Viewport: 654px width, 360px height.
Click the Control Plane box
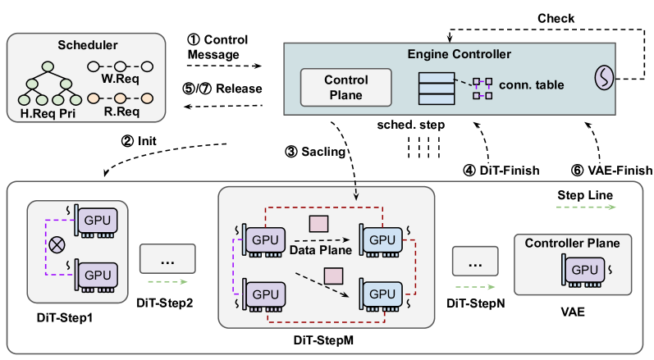[345, 88]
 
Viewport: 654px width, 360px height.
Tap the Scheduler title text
[88, 45]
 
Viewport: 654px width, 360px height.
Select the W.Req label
[120, 79]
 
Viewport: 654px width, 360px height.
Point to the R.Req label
[121, 112]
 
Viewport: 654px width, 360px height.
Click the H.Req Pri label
[48, 113]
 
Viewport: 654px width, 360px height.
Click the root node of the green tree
[48, 66]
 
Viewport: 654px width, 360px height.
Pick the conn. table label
[532, 84]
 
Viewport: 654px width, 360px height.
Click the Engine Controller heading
[460, 54]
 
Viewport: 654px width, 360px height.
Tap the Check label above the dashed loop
[556, 18]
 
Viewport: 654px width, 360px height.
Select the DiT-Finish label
[501, 171]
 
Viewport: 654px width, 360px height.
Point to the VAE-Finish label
[612, 171]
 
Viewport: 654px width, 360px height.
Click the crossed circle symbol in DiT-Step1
[57, 245]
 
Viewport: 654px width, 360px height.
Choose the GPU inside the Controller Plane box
[585, 271]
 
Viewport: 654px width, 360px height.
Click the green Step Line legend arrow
[586, 207]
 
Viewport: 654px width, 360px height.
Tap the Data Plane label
[321, 250]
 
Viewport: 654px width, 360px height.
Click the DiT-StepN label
[475, 303]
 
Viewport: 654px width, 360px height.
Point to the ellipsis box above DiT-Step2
[167, 259]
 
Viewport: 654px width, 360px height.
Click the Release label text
[239, 89]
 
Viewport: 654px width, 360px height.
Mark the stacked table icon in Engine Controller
[437, 89]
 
